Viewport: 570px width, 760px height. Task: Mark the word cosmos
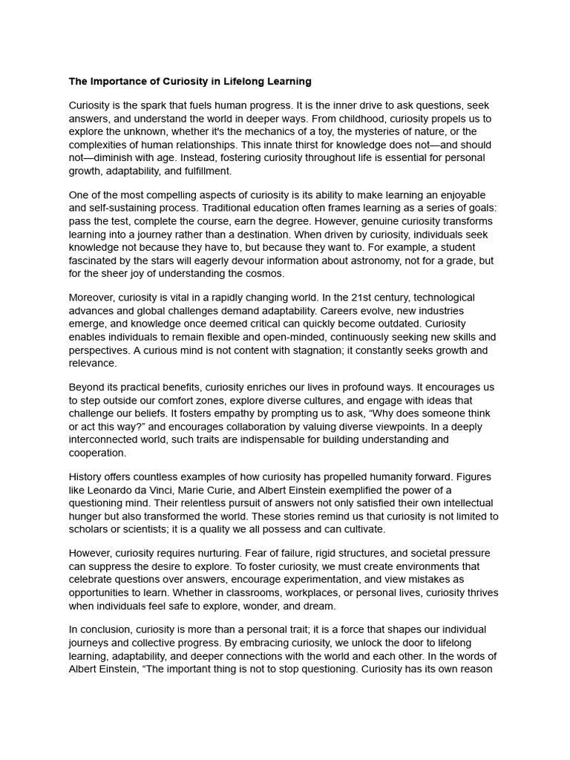263,274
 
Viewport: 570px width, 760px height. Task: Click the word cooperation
97,453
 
